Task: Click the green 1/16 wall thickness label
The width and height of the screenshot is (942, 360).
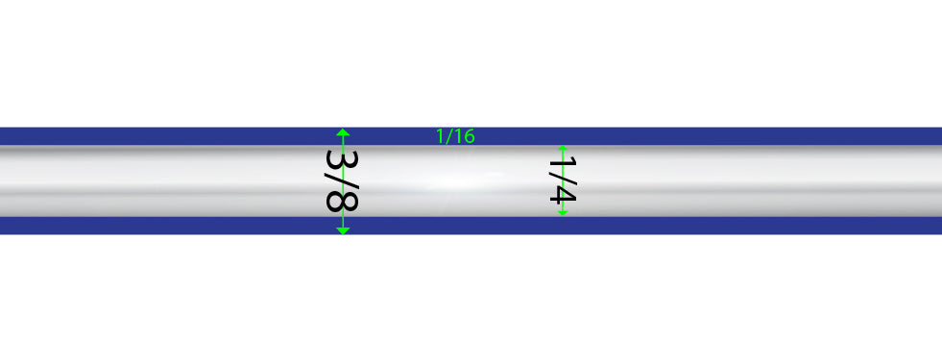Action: (455, 136)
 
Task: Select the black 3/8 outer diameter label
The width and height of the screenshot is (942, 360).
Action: (342, 180)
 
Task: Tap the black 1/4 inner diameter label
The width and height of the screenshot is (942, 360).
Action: (563, 180)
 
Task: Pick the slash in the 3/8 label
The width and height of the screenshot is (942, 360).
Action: (342, 180)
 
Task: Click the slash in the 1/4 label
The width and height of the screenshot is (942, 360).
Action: (563, 178)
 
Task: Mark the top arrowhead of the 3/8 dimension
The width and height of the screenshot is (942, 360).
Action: (343, 132)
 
